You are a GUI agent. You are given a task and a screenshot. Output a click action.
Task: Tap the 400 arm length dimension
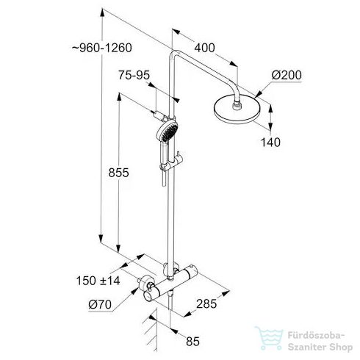tap(205, 48)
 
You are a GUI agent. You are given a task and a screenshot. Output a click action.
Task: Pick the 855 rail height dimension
tap(117, 173)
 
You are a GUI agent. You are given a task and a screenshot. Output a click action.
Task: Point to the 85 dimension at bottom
tap(194, 341)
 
